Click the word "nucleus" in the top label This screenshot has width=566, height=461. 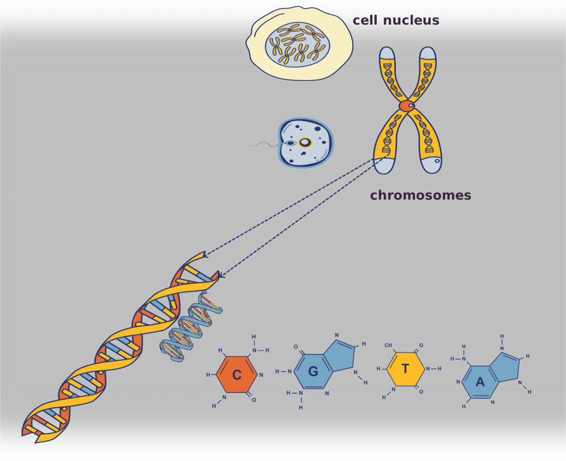click(x=410, y=20)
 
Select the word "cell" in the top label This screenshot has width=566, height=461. click(x=365, y=20)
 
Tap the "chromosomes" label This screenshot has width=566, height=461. click(x=421, y=195)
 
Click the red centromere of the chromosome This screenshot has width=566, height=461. click(x=406, y=106)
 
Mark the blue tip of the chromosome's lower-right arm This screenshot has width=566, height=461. click(x=432, y=165)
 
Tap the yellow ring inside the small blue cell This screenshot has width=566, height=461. click(x=304, y=142)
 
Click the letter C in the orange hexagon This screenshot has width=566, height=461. click(x=237, y=375)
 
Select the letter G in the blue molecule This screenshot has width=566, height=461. click(x=313, y=371)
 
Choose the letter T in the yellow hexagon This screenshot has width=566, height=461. click(x=405, y=369)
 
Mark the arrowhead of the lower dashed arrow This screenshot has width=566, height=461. click(x=222, y=274)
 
